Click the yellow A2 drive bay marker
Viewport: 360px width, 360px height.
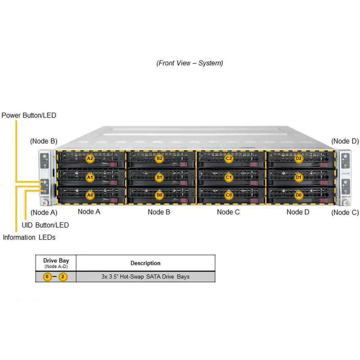[90, 158]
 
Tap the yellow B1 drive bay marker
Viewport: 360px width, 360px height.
[159, 178]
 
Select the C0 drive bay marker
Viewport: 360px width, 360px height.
[229, 195]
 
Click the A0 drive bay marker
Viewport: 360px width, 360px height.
[90, 195]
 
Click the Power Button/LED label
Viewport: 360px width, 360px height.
[29, 115]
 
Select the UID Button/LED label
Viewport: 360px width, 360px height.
[45, 225]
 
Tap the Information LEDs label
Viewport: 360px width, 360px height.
[29, 237]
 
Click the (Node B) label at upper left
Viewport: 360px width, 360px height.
[44, 141]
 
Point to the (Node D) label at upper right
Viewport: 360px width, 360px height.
[345, 141]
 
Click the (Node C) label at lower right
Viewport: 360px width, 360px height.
[345, 212]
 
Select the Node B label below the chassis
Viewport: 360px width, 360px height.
[159, 211]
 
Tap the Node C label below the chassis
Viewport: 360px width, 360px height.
[229, 211]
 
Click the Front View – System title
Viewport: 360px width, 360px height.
[189, 63]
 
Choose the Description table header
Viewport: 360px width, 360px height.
[145, 263]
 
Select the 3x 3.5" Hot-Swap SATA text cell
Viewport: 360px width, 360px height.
[145, 276]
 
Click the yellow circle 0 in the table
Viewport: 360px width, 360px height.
[47, 277]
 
